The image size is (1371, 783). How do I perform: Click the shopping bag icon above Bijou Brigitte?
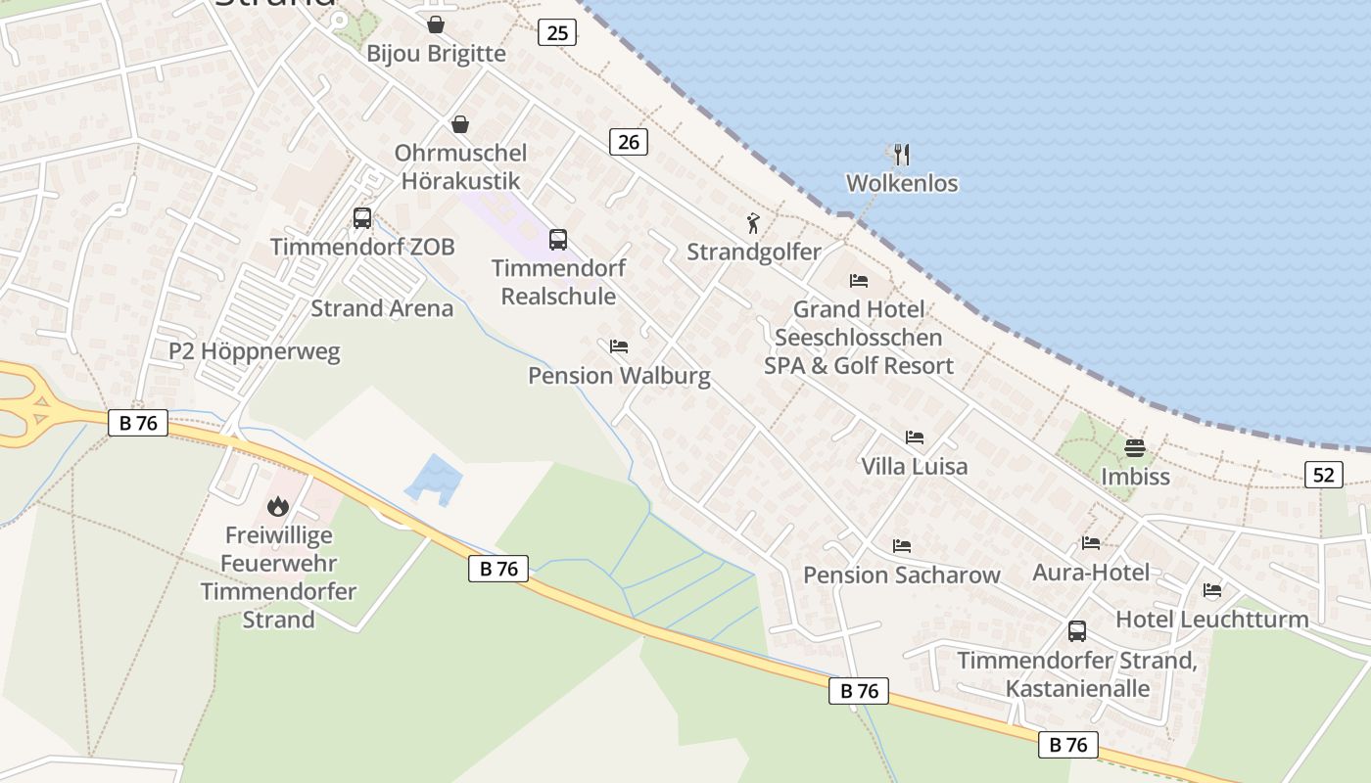click(x=436, y=24)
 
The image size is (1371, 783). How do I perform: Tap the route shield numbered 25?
click(x=557, y=32)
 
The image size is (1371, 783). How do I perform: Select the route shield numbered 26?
click(x=629, y=142)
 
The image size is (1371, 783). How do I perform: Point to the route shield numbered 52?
click(x=1323, y=475)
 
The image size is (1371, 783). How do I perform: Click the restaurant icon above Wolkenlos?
click(x=902, y=154)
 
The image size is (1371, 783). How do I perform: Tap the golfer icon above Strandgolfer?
click(x=753, y=223)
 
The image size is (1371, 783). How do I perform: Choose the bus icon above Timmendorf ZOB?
click(x=362, y=217)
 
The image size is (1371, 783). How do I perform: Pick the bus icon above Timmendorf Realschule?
click(x=558, y=239)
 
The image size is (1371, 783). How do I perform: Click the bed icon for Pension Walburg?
click(x=619, y=346)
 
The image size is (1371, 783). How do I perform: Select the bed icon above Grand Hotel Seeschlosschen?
click(x=859, y=281)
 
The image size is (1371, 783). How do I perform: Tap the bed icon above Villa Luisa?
click(x=914, y=438)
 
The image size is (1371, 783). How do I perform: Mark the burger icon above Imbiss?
click(x=1135, y=448)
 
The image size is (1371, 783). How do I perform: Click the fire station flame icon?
click(x=278, y=506)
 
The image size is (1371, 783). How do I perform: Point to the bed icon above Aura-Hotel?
click(x=1091, y=543)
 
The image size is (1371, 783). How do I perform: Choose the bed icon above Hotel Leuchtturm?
click(x=1212, y=590)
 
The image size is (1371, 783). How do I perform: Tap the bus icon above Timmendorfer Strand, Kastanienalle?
click(x=1077, y=631)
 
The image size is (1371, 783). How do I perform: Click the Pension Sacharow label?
click(x=902, y=575)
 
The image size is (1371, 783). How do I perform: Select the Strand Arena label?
click(x=382, y=308)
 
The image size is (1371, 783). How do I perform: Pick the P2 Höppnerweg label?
click(x=255, y=351)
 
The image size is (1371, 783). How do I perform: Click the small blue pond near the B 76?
click(x=433, y=479)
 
